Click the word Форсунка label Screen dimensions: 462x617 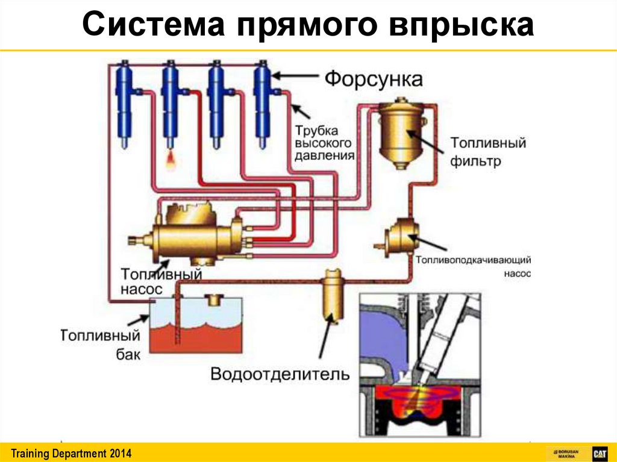[x=374, y=79]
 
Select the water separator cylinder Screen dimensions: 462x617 [x=330, y=295]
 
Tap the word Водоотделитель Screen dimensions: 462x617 [x=280, y=374]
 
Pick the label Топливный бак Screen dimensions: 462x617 [x=101, y=344]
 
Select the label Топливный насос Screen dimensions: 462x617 [x=160, y=281]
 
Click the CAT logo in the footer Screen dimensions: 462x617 [x=599, y=453]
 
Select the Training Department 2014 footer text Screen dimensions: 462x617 [x=71, y=453]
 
